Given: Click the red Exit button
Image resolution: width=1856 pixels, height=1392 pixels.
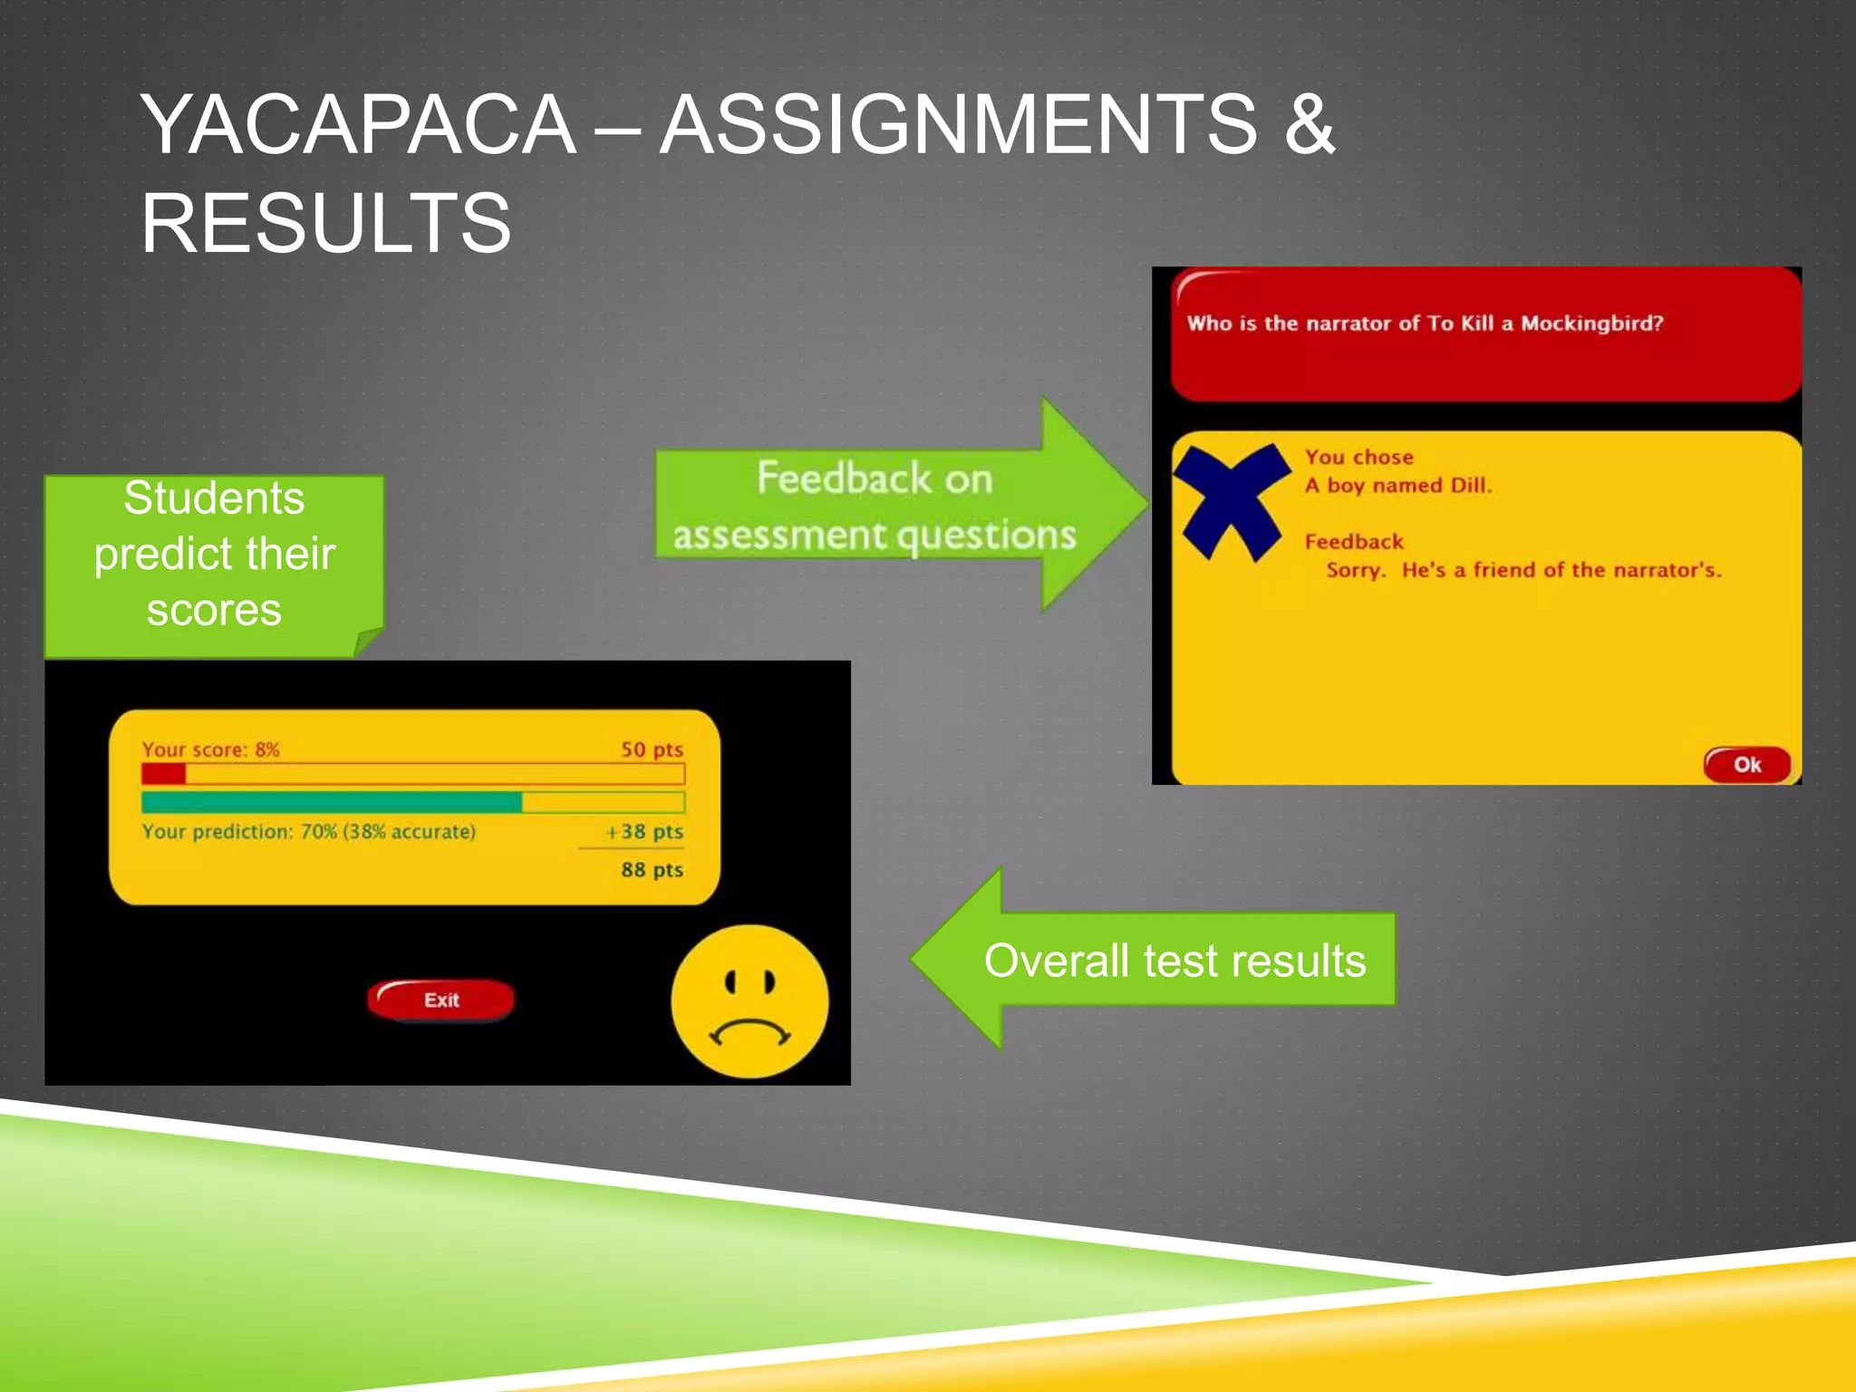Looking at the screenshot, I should coord(441,1000).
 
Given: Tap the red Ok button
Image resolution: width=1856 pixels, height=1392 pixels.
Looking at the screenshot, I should coord(1746,764).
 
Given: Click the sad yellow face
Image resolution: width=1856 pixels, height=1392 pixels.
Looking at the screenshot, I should coord(749,1001).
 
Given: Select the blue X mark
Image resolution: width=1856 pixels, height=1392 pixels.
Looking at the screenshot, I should coord(1231,500).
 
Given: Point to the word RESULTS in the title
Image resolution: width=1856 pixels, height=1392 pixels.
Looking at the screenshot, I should coord(326,223).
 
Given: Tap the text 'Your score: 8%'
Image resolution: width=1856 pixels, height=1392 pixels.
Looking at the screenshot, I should coord(210,749).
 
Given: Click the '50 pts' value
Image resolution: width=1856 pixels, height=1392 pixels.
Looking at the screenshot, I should coord(652,749).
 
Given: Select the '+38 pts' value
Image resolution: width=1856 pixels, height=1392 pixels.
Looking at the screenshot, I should coord(644,831).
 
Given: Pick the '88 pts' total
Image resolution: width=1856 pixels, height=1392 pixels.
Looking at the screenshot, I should coord(652,870).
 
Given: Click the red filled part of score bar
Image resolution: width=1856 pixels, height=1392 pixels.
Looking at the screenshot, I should coord(163,774).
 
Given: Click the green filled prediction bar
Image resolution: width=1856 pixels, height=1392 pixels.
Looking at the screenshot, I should coord(332,802).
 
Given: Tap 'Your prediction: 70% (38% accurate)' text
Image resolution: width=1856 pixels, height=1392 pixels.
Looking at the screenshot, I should coord(308,831).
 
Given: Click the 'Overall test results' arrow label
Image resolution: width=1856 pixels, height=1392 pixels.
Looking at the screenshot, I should coord(1174,961).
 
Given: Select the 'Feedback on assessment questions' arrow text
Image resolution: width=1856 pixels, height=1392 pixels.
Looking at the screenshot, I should coord(874,506).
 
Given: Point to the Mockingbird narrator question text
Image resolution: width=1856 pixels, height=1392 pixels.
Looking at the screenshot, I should coord(1425,324).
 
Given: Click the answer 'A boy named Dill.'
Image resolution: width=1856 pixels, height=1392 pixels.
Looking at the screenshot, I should coord(1397,486).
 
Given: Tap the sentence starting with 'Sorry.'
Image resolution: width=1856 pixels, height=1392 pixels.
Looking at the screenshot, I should coord(1522,570).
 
